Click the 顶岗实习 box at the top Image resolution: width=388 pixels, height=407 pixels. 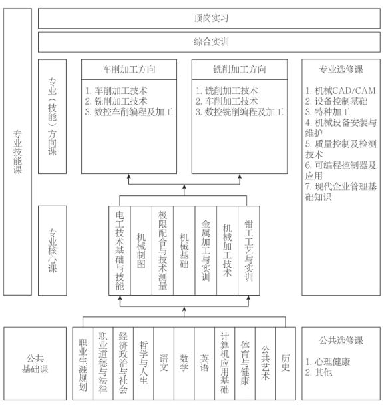click(209, 18)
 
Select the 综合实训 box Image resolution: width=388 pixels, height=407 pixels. click(209, 42)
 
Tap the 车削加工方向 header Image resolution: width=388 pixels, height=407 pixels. click(129, 69)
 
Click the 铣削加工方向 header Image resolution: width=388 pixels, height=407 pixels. click(240, 69)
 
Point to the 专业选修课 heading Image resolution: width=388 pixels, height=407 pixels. click(341, 69)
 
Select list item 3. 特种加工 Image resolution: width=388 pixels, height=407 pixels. click(327, 112)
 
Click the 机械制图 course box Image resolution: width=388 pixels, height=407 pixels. click(141, 250)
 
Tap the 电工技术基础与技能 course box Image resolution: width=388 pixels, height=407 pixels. click(120, 250)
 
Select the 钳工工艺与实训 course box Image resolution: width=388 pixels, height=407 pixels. click(249, 250)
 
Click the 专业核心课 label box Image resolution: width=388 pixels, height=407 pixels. click(52, 250)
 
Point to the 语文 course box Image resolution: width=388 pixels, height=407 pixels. click(164, 364)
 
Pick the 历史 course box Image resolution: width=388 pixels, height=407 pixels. click(286, 364)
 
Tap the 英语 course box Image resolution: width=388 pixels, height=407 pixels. click(204, 364)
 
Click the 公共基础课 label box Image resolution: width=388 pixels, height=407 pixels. click(35, 364)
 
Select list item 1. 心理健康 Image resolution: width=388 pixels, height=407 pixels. click(327, 362)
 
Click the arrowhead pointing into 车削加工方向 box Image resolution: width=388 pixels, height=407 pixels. click(129, 177)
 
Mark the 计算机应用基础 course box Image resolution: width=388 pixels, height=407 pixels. click(224, 364)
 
